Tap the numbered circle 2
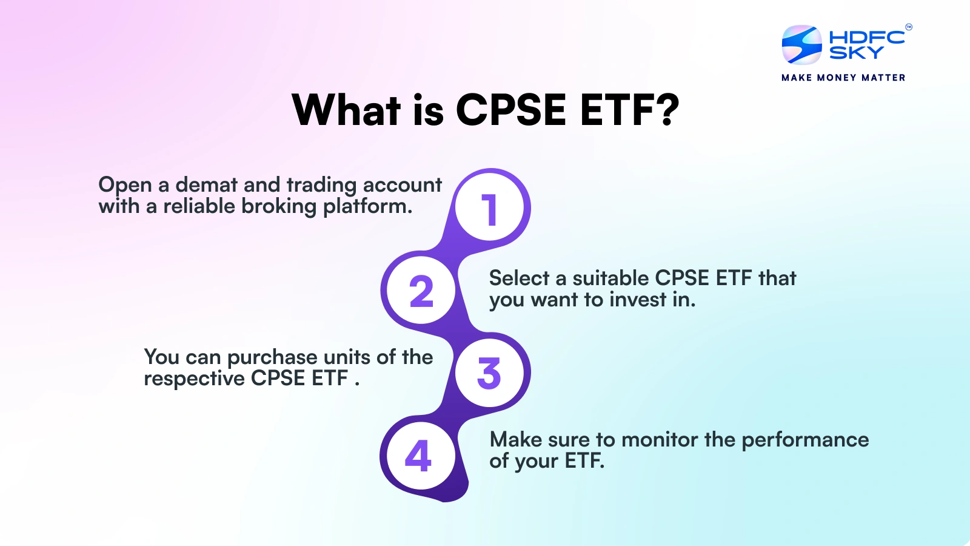pyautogui.click(x=421, y=290)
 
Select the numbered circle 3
pyautogui.click(x=489, y=372)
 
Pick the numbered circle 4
pyautogui.click(x=421, y=456)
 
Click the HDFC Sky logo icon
pyautogui.click(x=801, y=45)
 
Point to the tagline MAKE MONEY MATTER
pyautogui.click(x=843, y=78)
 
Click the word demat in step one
pyautogui.click(x=206, y=185)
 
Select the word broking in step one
pyautogui.click(x=279, y=207)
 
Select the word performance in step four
pyautogui.click(x=805, y=440)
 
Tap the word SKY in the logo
pyautogui.click(x=856, y=52)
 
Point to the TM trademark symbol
pyautogui.click(x=909, y=27)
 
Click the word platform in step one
pyautogui.click(x=367, y=207)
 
